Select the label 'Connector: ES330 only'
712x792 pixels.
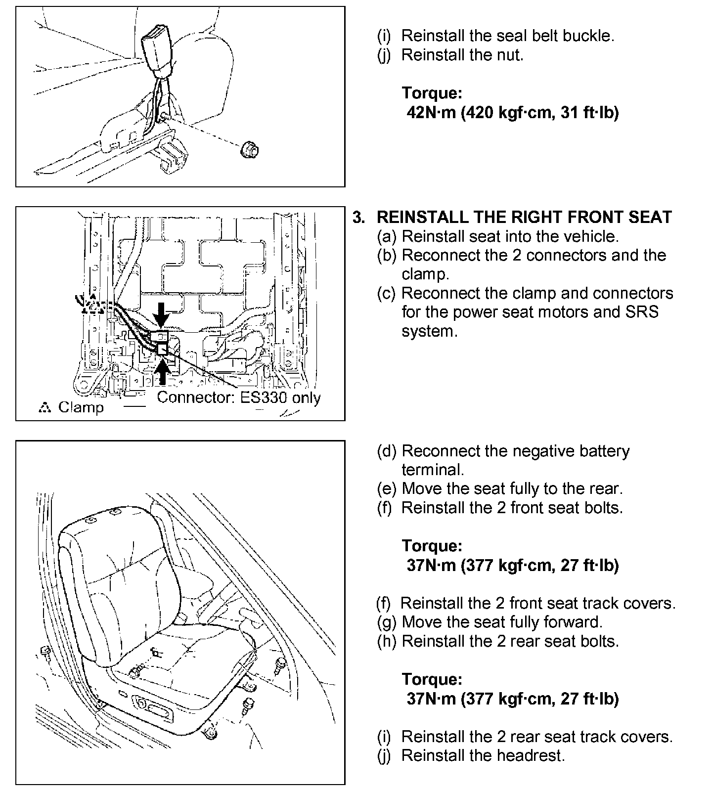coord(239,398)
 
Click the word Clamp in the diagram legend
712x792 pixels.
coord(81,407)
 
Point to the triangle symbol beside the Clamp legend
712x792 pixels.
coord(44,408)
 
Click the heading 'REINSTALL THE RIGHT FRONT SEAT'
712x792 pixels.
coord(524,217)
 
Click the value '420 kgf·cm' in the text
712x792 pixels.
coord(503,113)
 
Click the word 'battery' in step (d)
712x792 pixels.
coord(602,451)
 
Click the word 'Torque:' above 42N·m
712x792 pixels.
coord(432,93)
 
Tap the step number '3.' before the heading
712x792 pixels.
coord(359,218)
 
